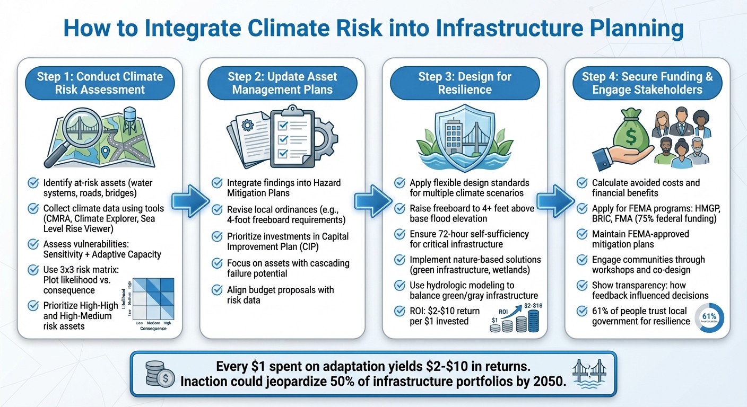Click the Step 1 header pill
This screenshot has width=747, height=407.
tap(100, 83)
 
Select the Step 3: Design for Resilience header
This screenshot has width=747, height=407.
tap(464, 83)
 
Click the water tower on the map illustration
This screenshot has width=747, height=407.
tap(129, 120)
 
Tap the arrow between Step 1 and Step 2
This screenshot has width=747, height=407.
tap(192, 202)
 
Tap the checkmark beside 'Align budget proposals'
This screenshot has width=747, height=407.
tap(217, 290)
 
